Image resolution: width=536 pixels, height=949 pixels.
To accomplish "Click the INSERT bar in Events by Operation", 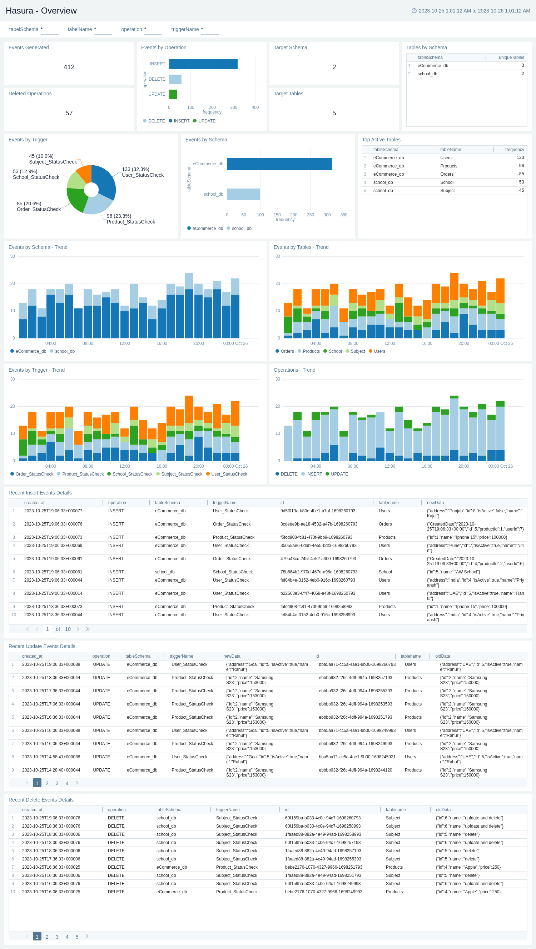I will (x=203, y=64).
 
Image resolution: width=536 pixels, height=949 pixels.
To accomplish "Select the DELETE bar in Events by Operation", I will (x=175, y=79).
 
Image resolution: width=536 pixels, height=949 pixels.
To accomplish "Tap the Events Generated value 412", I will (x=69, y=67).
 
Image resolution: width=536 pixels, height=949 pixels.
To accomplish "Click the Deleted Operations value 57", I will (x=69, y=113).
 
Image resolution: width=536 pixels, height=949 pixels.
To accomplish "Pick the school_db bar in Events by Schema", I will (x=243, y=194).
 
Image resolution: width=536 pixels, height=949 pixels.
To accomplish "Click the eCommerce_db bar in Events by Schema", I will (x=279, y=164).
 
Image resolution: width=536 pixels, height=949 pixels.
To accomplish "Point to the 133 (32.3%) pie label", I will (x=136, y=170).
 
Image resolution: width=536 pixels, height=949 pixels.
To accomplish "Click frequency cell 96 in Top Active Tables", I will (x=521, y=166).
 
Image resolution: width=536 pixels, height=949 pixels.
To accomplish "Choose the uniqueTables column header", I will (x=511, y=57).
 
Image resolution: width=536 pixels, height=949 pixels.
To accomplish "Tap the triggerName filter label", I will (x=185, y=30).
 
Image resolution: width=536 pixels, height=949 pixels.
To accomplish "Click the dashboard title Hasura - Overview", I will (x=41, y=11).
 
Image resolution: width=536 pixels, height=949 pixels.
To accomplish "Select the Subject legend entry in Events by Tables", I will (x=358, y=351).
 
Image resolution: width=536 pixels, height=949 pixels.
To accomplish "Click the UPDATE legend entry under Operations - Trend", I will (x=339, y=474).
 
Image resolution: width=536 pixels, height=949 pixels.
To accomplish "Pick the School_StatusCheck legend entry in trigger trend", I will (x=132, y=474).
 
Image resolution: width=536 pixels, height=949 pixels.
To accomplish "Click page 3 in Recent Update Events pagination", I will (x=57, y=783).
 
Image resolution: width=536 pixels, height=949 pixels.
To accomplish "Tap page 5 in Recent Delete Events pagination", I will (x=77, y=937).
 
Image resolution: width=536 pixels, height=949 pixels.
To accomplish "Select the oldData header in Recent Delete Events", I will (x=443, y=810).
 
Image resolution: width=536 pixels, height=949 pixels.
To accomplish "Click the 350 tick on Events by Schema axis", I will (x=343, y=215).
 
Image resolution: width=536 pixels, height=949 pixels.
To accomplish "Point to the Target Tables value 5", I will (x=334, y=113).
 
